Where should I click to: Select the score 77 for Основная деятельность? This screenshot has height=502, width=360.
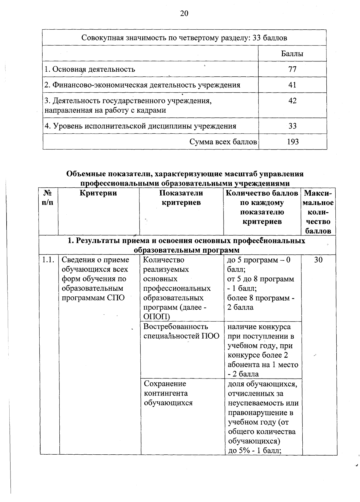(x=292, y=70)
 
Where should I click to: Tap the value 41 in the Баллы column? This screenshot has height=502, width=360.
(x=292, y=85)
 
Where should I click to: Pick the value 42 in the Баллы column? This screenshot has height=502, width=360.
(x=292, y=101)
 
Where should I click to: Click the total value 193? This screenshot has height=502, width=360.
(x=293, y=142)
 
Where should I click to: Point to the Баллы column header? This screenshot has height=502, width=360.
(x=292, y=54)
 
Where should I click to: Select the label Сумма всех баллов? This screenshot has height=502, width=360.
(x=223, y=142)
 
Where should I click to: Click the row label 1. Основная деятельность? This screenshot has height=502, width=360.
(x=90, y=70)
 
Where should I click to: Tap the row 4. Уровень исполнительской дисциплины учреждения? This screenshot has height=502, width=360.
(x=140, y=126)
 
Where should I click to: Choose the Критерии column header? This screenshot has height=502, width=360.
(x=98, y=193)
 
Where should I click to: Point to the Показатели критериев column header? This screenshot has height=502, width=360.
(x=181, y=198)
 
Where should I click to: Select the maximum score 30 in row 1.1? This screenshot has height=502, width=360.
(x=318, y=260)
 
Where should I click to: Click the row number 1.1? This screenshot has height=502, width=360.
(x=49, y=260)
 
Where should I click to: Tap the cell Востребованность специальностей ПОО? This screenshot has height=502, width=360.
(x=181, y=331)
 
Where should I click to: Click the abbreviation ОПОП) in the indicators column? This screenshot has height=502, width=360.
(x=157, y=317)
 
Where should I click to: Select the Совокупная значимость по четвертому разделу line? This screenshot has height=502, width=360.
(x=184, y=38)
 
